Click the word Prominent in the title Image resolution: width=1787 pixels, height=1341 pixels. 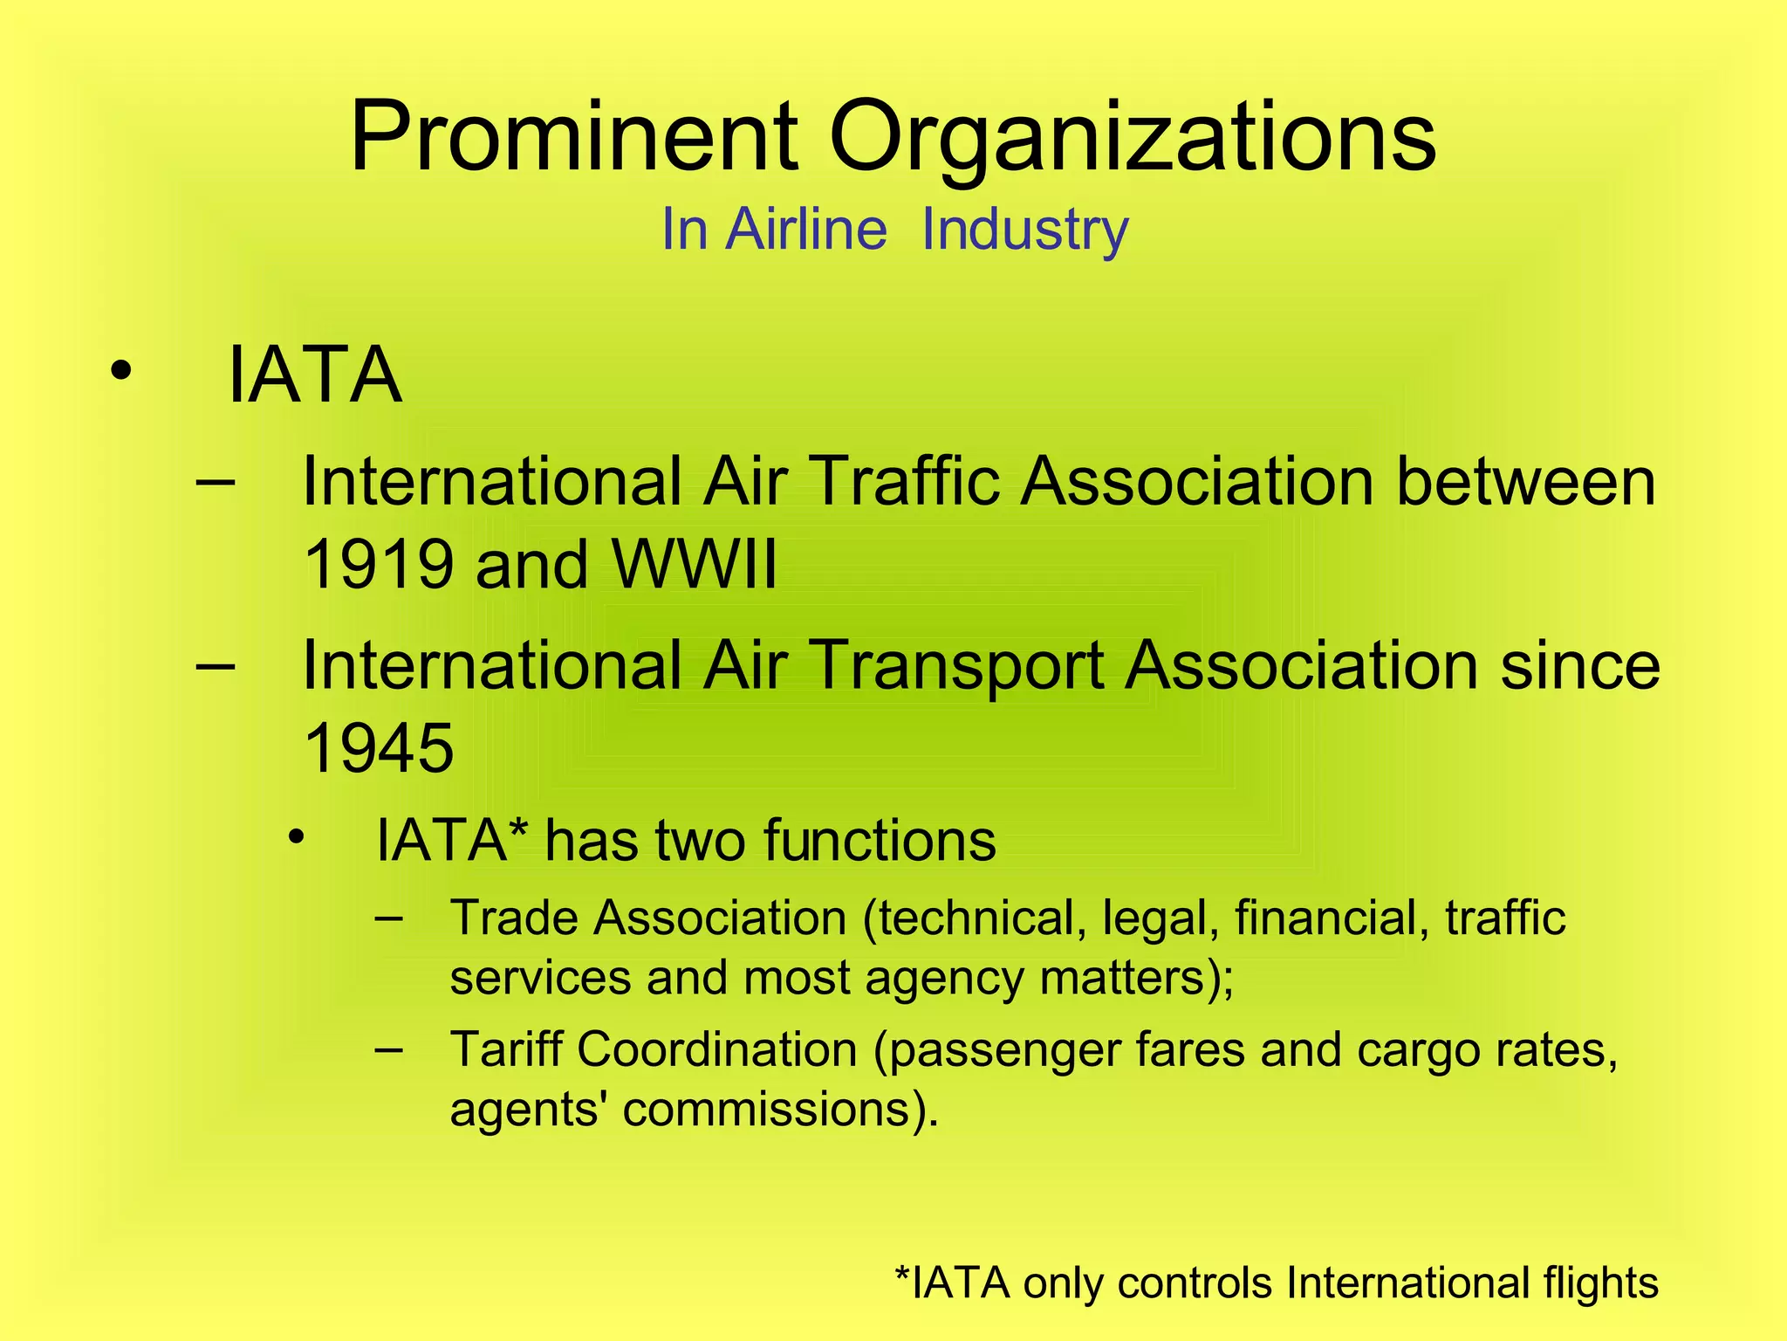573,138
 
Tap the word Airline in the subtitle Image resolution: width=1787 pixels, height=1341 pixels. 806,230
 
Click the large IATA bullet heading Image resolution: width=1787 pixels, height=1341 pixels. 314,375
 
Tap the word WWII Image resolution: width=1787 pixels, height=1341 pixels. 695,564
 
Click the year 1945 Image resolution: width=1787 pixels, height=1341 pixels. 379,749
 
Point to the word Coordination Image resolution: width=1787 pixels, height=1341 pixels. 716,1049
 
